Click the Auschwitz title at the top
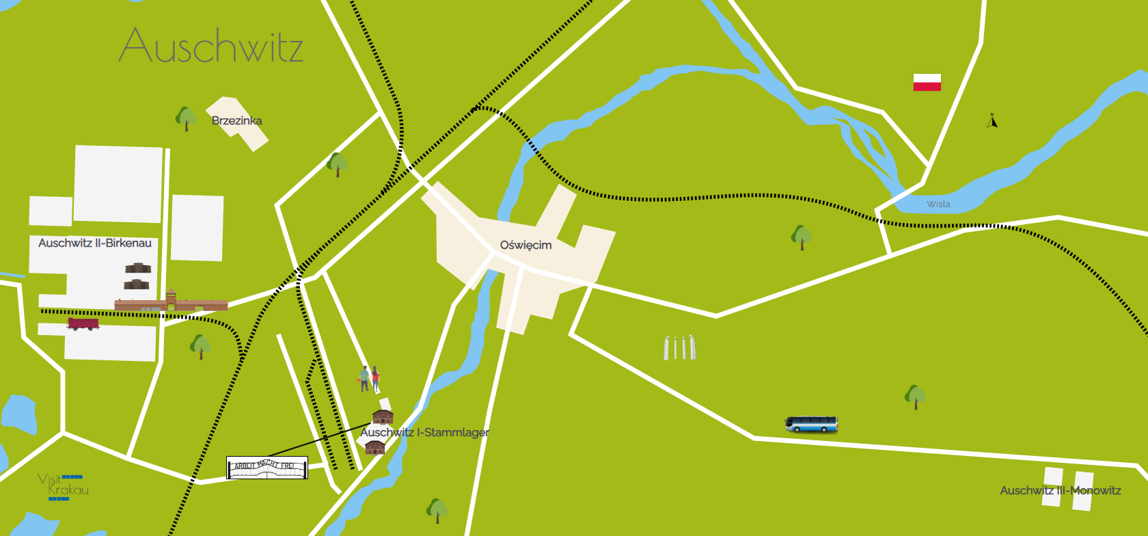pos(211,46)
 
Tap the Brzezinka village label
pos(236,121)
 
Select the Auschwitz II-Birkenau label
pos(95,243)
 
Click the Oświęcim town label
pos(525,245)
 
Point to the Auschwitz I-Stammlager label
pos(424,432)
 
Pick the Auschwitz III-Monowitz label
pos(1060,490)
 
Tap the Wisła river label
pos(938,204)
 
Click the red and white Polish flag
pos(927,82)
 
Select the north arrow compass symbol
pos(992,121)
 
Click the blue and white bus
pos(811,425)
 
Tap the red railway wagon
pos(83,323)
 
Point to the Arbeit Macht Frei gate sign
pos(267,468)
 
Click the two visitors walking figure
pos(370,378)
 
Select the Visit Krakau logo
pos(63,486)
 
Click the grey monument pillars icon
pos(680,347)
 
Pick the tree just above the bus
pos(915,396)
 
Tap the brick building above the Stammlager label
pos(383,416)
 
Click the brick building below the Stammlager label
pos(375,447)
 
